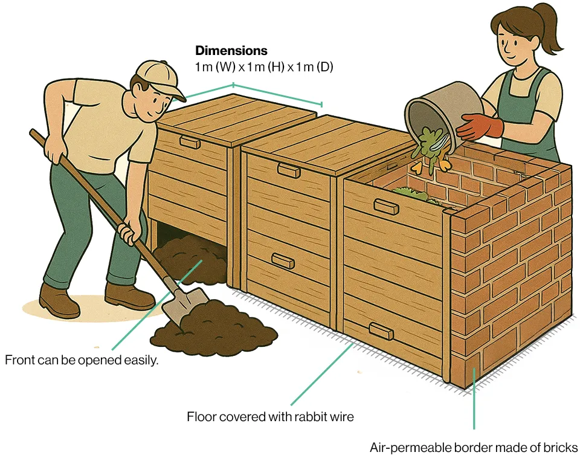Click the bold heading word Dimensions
coord(231,50)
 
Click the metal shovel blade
coord(185,305)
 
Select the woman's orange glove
coord(480,126)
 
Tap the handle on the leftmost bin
coord(190,142)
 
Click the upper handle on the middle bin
coord(289,170)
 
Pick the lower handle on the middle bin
coord(283,261)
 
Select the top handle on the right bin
coord(386,207)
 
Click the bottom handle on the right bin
coord(381,331)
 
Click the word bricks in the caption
coord(561,447)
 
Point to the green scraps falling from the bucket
coord(429,146)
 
